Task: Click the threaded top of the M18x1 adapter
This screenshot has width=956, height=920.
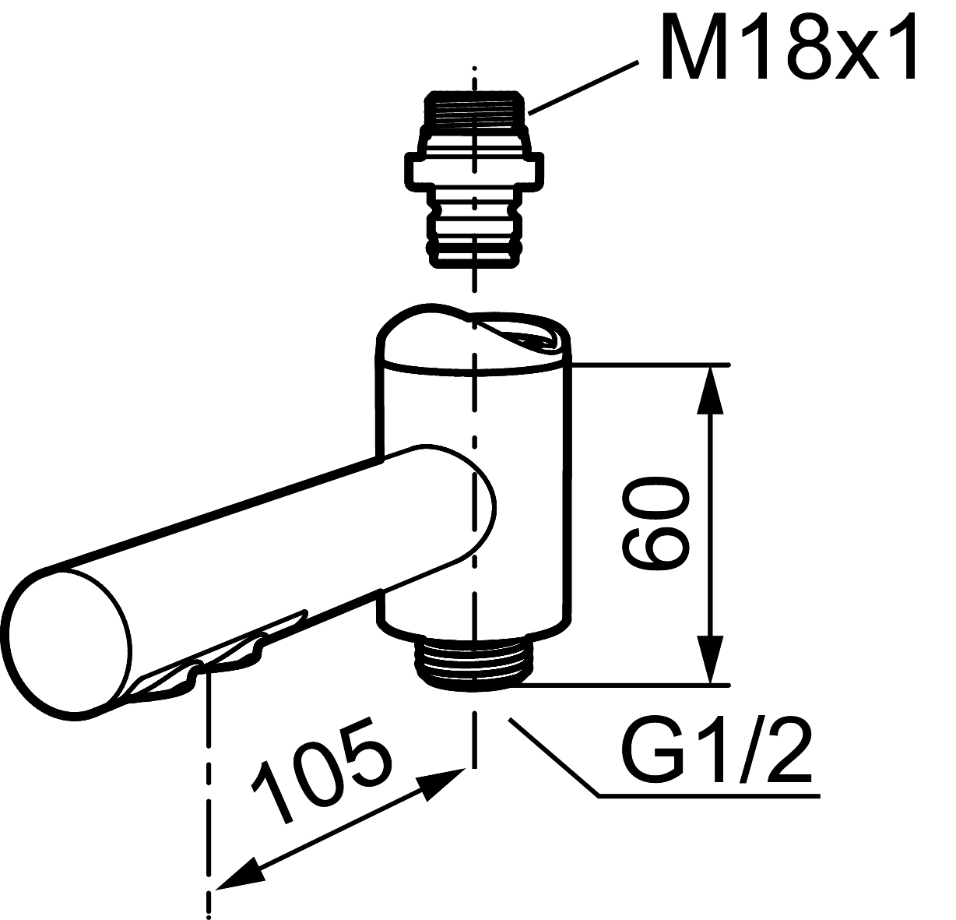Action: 473,110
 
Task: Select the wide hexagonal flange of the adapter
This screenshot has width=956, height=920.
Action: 474,171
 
